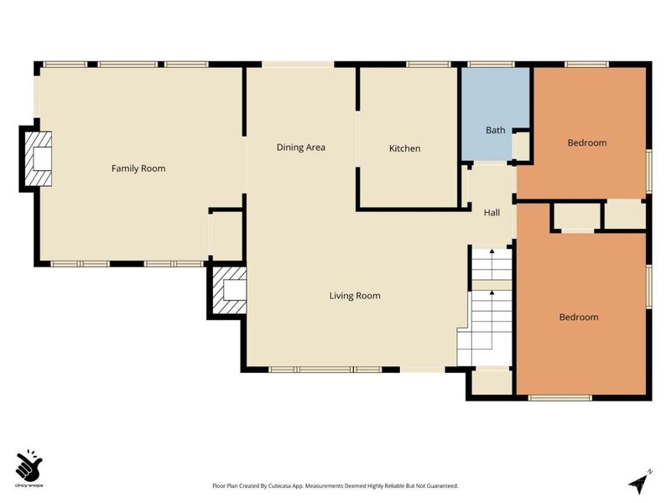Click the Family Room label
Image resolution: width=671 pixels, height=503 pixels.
point(138,169)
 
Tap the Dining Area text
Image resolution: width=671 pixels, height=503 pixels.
point(301,148)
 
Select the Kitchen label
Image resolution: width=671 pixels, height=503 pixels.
point(404,148)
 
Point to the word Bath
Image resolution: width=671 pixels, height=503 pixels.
point(496,130)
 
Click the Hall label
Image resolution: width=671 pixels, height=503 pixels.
point(492,213)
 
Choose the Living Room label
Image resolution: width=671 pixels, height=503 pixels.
point(355,295)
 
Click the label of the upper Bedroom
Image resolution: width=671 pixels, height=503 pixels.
point(586,143)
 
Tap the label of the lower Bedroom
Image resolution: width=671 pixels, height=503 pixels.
point(579,317)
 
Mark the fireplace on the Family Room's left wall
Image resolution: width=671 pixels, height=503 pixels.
point(39,158)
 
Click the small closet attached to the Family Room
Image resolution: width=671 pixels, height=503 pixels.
point(226,234)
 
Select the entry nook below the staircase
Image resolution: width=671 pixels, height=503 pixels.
point(492,381)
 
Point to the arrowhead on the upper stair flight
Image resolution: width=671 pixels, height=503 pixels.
point(492,251)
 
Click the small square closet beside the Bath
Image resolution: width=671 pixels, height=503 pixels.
point(522,146)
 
